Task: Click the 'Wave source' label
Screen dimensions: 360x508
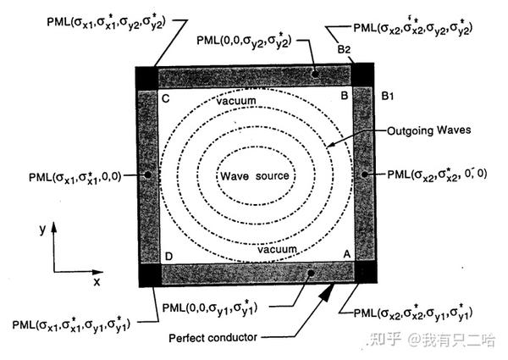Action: pyautogui.click(x=255, y=176)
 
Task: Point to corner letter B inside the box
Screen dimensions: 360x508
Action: pyautogui.click(x=344, y=97)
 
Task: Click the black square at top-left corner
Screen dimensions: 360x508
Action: pyautogui.click(x=146, y=75)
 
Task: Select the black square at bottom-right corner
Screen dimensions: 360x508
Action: pyautogui.click(x=364, y=274)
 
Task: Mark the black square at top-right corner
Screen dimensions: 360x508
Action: pyautogui.click(x=364, y=75)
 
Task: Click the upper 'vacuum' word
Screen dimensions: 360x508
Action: pyautogui.click(x=235, y=101)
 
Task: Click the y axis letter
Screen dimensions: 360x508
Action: pyautogui.click(x=40, y=230)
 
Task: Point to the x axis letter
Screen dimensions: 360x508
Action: pyautogui.click(x=97, y=280)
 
